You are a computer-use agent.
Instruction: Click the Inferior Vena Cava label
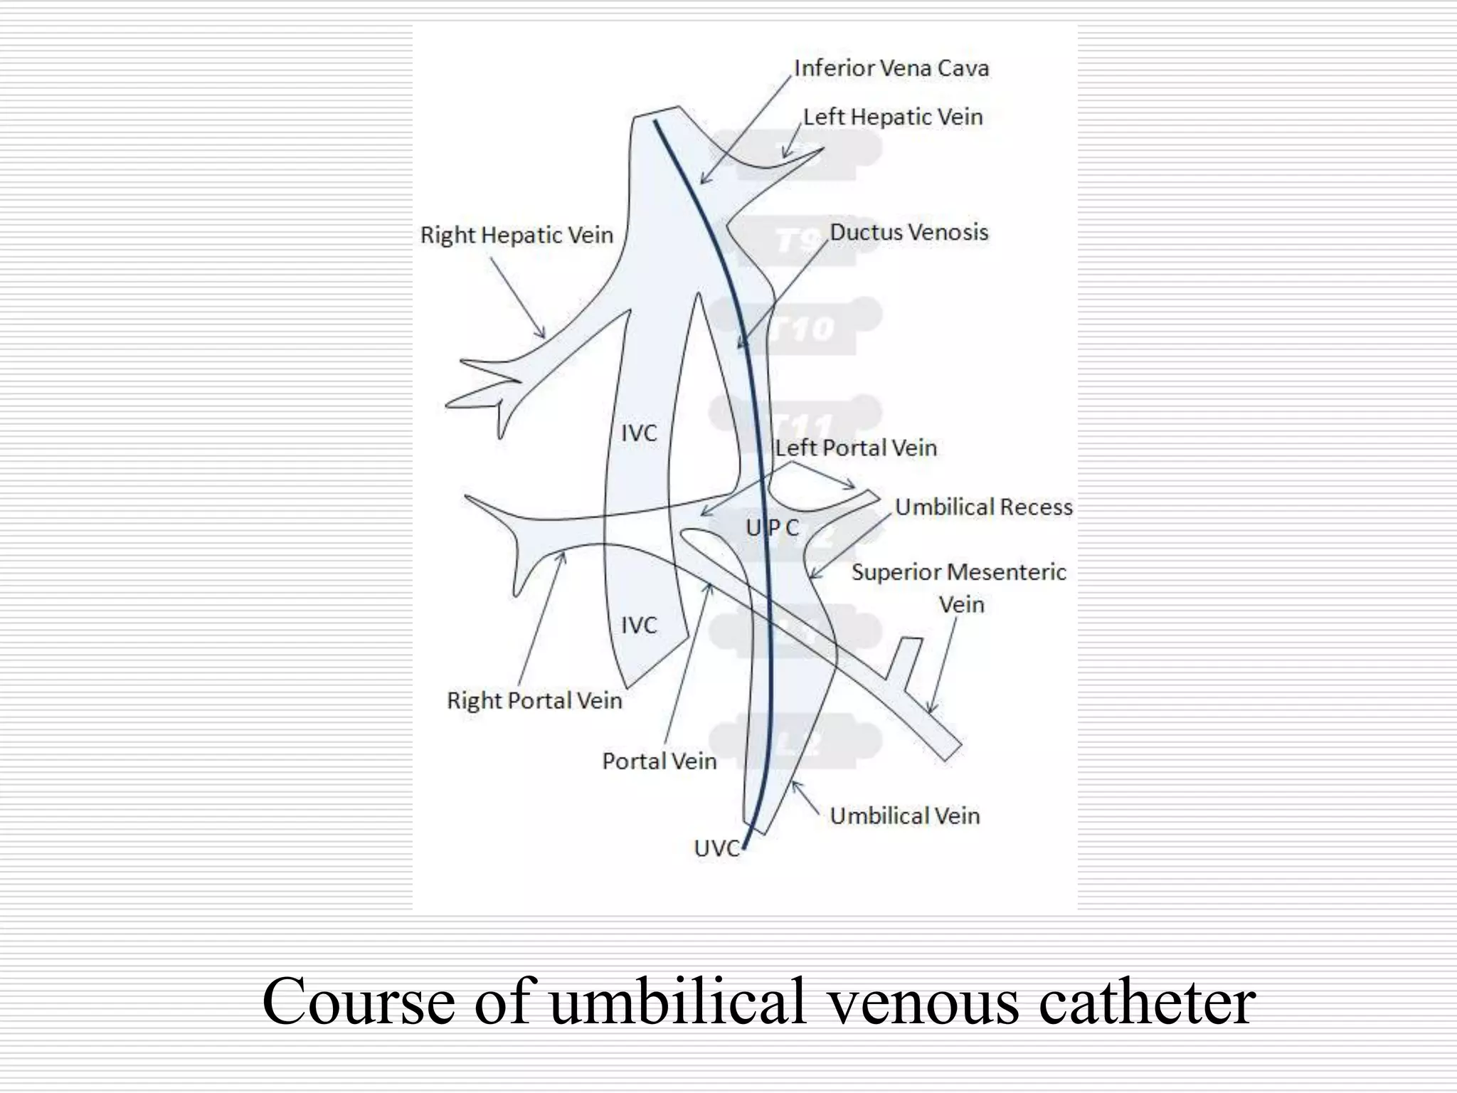[891, 68]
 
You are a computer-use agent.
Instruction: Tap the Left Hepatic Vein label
[893, 117]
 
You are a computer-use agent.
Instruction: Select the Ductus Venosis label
[909, 232]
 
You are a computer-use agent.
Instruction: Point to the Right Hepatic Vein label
[516, 235]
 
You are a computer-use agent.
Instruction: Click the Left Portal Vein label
[856, 448]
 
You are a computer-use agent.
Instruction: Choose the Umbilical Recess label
[983, 507]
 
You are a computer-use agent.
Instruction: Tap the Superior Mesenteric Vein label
[959, 587]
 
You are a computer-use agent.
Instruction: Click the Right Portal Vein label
[534, 700]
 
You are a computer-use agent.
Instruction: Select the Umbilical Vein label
[904, 815]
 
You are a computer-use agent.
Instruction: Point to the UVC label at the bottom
[716, 848]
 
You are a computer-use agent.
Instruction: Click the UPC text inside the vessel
[773, 527]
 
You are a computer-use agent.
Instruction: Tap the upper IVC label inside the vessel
[639, 433]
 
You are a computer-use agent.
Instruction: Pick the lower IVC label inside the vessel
[639, 625]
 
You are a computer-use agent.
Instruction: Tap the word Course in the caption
[358, 1001]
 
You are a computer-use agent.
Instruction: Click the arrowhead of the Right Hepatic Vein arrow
[544, 336]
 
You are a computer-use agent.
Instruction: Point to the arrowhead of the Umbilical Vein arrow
[795, 783]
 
